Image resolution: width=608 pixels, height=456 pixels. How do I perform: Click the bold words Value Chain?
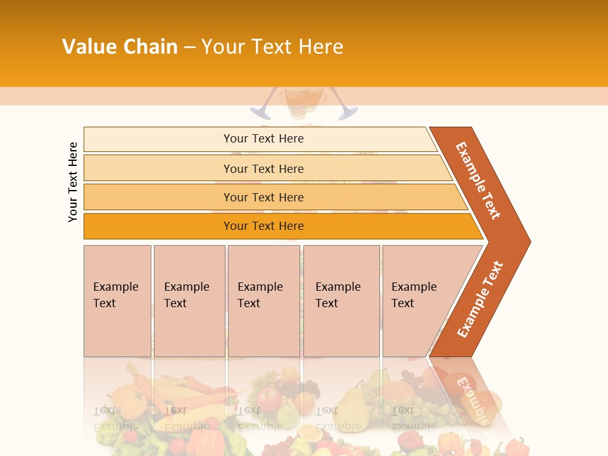click(x=120, y=47)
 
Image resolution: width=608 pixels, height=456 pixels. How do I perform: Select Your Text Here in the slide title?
click(x=272, y=47)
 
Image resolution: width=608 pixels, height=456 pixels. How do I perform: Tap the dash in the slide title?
click(x=189, y=47)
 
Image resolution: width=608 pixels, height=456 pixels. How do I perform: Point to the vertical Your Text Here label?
click(x=73, y=182)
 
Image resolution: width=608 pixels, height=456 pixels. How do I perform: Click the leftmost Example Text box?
click(x=117, y=301)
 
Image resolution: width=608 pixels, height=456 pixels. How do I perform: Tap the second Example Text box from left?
click(x=189, y=301)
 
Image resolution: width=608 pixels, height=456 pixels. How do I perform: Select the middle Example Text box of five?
click(x=263, y=301)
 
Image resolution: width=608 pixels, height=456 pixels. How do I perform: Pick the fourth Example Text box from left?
click(x=341, y=301)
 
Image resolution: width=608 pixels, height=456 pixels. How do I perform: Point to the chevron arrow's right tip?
click(x=527, y=241)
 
